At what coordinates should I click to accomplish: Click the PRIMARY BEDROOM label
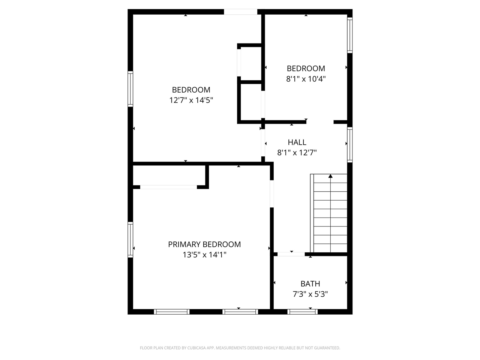tap(204, 244)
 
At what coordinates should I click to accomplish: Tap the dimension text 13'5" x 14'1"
tap(204, 255)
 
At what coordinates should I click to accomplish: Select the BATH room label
tap(310, 284)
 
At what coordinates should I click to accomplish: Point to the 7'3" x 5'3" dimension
tap(310, 294)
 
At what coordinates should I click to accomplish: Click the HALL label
tap(297, 142)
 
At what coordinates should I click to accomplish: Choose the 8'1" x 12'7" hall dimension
tap(297, 153)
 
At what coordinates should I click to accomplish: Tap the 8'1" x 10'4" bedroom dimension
tap(306, 79)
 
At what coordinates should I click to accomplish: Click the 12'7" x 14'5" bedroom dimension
tap(191, 100)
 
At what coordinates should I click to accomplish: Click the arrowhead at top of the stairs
tap(330, 176)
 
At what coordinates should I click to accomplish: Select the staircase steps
tap(330, 214)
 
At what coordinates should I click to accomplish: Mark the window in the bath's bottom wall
tap(302, 312)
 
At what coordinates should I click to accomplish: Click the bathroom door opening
tap(291, 254)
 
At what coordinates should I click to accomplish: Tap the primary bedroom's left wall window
tap(130, 239)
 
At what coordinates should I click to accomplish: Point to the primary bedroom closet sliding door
tap(168, 187)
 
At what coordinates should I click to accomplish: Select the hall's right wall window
tap(349, 144)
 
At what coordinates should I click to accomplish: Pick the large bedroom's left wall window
tap(130, 89)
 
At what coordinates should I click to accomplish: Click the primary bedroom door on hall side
tap(272, 194)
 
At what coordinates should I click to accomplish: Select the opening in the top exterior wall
tap(240, 12)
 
